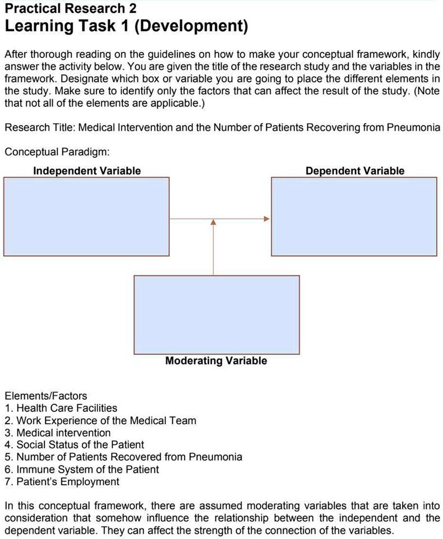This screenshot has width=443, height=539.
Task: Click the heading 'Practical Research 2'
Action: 71,8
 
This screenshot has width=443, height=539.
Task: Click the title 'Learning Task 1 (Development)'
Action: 126,26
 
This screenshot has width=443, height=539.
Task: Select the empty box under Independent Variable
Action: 86,216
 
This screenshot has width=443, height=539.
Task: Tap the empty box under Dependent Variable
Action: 354,216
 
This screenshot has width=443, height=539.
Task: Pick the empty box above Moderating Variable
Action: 216,314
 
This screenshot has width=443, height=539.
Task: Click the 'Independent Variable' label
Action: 87,171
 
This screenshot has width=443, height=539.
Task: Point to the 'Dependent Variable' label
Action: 354,171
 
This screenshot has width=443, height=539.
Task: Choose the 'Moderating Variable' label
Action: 216,361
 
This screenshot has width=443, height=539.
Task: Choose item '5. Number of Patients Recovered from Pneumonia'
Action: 123,457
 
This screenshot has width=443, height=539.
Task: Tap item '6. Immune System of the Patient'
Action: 81,470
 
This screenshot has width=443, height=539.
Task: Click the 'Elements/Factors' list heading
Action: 45,396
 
